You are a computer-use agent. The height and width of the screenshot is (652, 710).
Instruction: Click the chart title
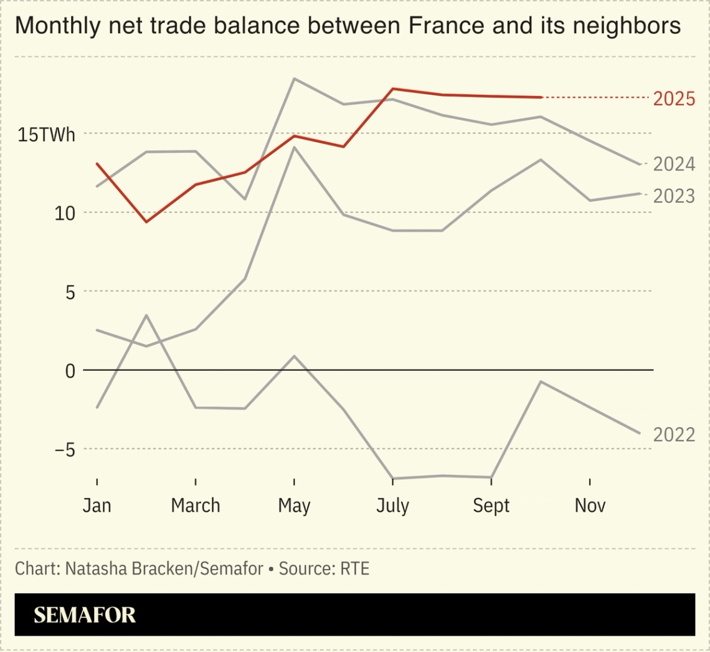pos(347,26)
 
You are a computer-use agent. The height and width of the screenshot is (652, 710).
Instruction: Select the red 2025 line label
pos(674,98)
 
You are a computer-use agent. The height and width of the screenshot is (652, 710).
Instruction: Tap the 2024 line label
pos(674,164)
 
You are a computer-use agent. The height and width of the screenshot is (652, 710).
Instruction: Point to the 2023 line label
pos(674,196)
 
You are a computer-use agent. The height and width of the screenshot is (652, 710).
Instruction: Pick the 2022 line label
pos(674,434)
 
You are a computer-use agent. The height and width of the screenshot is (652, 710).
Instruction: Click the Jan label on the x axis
pos(97,505)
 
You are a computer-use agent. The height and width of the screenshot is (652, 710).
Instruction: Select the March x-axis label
pos(196,505)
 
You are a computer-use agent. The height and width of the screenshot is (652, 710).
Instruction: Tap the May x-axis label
pos(294,506)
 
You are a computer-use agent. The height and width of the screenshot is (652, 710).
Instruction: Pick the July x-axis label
pos(392,506)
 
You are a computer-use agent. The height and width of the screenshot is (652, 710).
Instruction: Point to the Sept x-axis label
pos(491,506)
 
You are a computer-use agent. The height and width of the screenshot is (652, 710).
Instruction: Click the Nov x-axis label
pos(590,505)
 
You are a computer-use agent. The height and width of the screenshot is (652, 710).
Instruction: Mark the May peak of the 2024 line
pos(294,79)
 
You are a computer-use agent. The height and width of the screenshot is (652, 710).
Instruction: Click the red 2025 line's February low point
pos(146,222)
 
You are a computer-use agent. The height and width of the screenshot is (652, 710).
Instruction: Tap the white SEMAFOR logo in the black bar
pos(85,615)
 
